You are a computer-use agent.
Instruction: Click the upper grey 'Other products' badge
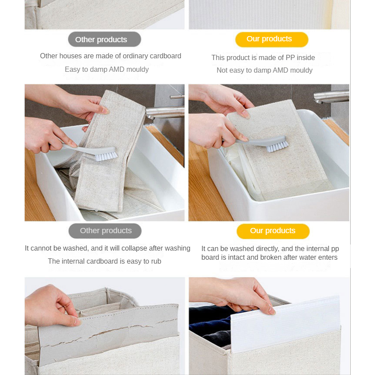[x=104, y=39]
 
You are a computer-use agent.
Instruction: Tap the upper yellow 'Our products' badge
[x=272, y=40]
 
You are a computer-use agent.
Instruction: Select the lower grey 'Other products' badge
[x=105, y=231]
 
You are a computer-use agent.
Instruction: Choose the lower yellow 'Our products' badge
[x=273, y=231]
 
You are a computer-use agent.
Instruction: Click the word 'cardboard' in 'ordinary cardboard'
[x=165, y=56]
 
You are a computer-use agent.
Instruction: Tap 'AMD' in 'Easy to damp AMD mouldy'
[x=117, y=69]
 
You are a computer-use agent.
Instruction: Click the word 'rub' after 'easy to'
[x=156, y=261]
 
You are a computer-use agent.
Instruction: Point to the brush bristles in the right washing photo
[x=278, y=147]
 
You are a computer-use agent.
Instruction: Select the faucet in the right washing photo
[x=331, y=97]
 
